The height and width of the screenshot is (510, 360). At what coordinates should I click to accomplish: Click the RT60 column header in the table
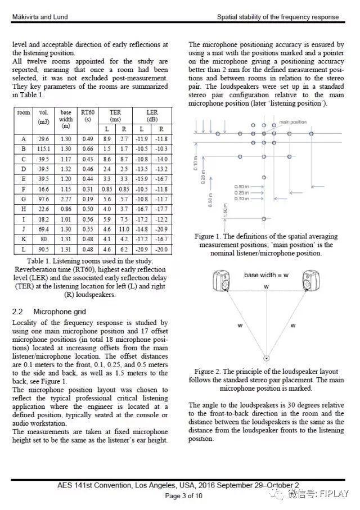coord(87,116)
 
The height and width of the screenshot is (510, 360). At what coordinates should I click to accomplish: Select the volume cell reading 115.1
coord(44,148)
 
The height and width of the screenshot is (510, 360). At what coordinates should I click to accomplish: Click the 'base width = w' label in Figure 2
coord(267,275)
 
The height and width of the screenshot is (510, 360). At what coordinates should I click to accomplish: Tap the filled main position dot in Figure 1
coord(264,134)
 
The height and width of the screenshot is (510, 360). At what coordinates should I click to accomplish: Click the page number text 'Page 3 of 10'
coord(180,496)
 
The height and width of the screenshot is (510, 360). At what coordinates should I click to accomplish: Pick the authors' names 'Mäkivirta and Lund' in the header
coord(37,17)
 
